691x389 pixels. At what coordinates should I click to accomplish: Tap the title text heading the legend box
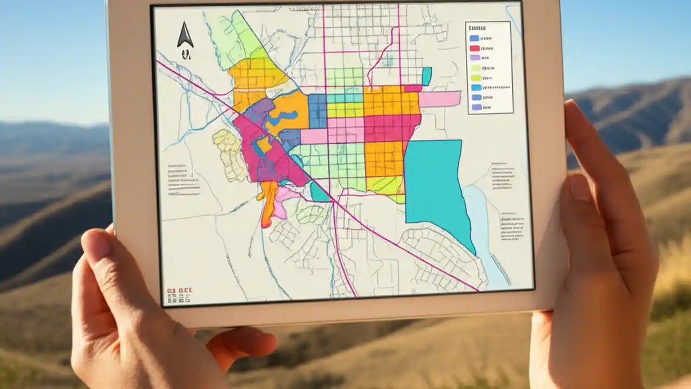coord(478,28)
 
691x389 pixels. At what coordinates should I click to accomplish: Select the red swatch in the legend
coord(475,48)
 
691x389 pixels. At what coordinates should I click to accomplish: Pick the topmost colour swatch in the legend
coord(475,38)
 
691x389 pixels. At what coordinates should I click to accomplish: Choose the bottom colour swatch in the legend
coord(476,108)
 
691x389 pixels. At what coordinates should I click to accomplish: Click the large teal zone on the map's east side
coord(435,184)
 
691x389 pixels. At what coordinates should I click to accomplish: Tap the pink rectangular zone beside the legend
coord(440,99)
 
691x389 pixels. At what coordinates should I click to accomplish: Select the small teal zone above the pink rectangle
coord(426,76)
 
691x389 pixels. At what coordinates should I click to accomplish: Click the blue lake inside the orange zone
coord(286,116)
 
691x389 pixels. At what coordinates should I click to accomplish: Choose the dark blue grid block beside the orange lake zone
coord(317,110)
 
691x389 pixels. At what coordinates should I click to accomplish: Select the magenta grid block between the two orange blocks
coord(385,128)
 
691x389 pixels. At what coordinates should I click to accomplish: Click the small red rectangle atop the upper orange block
coord(412,88)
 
